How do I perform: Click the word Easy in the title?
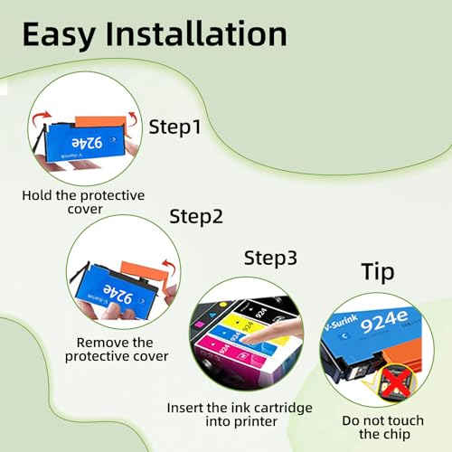pyautogui.click(x=59, y=35)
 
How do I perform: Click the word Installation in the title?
pyautogui.click(x=196, y=33)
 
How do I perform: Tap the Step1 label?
pyautogui.click(x=174, y=127)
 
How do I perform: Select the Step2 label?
pyautogui.click(x=196, y=217)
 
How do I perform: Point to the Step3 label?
pyautogui.click(x=270, y=259)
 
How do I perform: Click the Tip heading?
pyautogui.click(x=378, y=273)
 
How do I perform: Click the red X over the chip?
pyautogui.click(x=397, y=382)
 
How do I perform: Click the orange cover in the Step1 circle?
pyautogui.click(x=101, y=121)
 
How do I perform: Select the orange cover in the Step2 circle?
pyautogui.click(x=145, y=273)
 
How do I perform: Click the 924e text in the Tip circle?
pyautogui.click(x=384, y=321)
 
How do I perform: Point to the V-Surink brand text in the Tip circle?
pyautogui.click(x=341, y=323)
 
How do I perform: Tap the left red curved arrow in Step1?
pyautogui.click(x=41, y=118)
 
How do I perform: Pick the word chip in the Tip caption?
pyautogui.click(x=397, y=435)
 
